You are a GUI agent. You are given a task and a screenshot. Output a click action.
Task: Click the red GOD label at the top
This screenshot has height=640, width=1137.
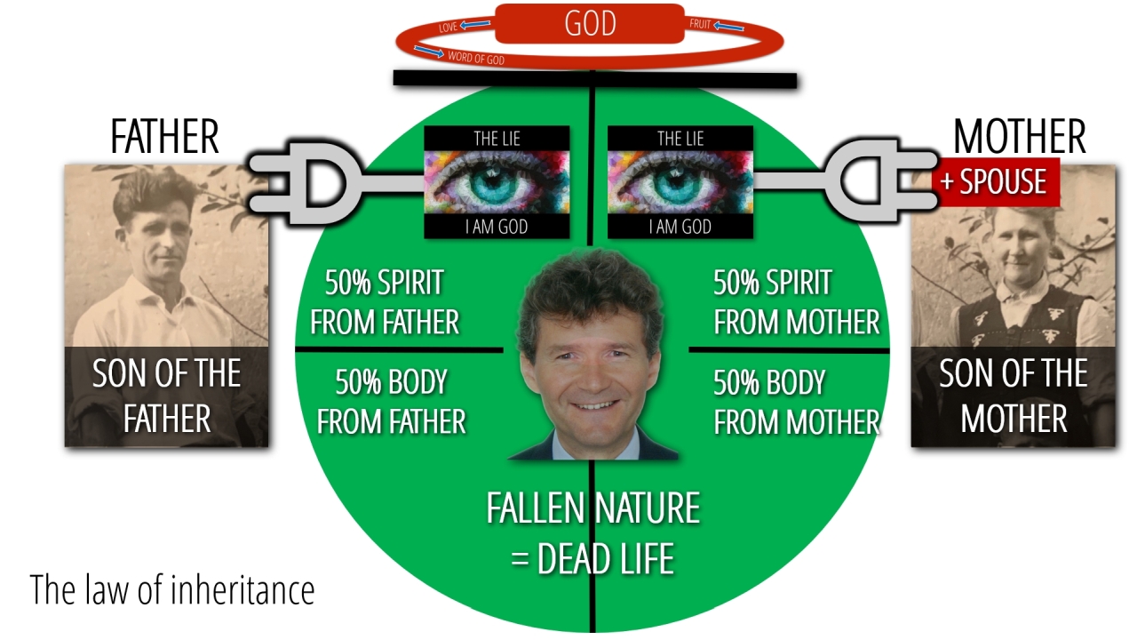point(590,23)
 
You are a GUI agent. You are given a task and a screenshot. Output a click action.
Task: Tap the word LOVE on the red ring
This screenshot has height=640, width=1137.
point(449,28)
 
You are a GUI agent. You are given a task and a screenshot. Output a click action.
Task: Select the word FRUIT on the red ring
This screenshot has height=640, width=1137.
point(700,24)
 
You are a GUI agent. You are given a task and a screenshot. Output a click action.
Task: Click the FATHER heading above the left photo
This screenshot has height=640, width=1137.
point(164,137)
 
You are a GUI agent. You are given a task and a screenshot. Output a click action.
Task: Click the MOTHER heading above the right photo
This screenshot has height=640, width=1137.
point(1019,137)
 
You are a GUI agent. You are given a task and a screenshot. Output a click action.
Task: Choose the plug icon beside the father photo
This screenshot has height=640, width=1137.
point(306,183)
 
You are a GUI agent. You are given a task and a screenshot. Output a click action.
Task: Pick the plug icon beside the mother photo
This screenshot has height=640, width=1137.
point(875,183)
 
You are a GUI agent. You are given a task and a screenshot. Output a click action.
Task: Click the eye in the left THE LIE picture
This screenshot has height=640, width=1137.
point(497,181)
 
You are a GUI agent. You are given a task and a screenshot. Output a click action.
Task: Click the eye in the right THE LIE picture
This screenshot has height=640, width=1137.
point(680,181)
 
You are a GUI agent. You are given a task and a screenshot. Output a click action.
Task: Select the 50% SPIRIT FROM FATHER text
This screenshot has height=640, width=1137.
point(385,303)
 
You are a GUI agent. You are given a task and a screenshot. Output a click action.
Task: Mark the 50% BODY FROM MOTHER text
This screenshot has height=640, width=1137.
point(797,402)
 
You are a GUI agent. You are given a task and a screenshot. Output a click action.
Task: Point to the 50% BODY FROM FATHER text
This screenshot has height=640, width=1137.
point(391,402)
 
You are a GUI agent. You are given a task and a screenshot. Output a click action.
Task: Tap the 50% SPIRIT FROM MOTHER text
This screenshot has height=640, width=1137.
point(797,303)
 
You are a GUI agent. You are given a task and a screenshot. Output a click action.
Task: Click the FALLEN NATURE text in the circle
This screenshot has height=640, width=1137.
point(592,509)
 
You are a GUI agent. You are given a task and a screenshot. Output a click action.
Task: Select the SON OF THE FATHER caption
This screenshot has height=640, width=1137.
point(167,396)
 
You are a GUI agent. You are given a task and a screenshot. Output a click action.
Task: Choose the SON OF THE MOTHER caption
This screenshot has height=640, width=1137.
point(1014,396)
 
